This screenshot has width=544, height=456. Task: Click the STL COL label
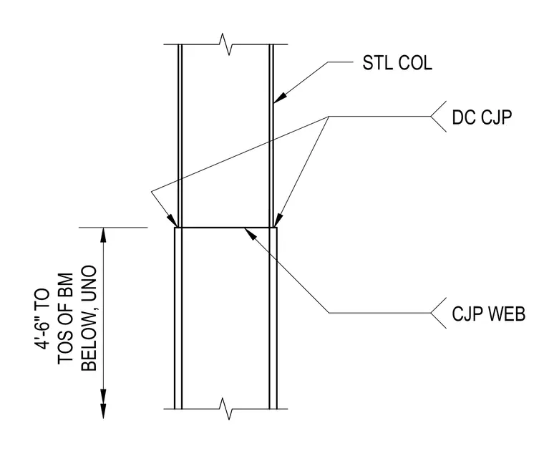(397, 63)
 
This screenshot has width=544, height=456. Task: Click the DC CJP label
(482, 117)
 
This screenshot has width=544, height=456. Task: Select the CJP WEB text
(488, 314)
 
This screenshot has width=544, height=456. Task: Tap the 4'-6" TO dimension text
(42, 313)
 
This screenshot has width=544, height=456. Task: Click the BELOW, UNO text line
(89, 319)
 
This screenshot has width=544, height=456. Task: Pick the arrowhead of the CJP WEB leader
(251, 233)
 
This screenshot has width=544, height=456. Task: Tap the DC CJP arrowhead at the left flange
(172, 220)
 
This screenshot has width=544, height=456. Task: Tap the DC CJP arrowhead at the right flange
(278, 220)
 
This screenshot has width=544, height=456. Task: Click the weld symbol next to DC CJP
(439, 117)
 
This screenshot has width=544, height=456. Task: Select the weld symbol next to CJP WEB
(439, 313)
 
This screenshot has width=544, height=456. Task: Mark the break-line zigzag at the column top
(226, 44)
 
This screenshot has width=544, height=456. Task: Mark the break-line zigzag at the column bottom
(226, 409)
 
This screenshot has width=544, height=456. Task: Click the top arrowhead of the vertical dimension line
(103, 235)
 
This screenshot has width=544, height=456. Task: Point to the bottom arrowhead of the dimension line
(103, 411)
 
